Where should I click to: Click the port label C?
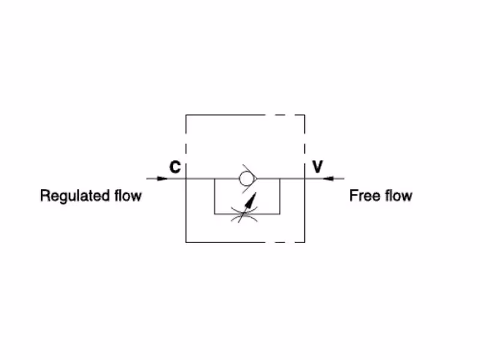(175, 167)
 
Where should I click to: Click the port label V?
(317, 167)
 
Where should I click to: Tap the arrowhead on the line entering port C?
(163, 178)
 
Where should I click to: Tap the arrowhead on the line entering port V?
(328, 178)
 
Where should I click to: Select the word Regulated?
(75, 196)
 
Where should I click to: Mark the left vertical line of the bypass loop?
(214, 196)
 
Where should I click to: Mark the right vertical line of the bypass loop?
(280, 196)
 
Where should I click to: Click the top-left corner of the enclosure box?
(186, 115)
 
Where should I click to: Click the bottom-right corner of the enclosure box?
(305, 242)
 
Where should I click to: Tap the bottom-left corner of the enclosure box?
(186, 242)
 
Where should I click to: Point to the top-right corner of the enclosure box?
(305, 115)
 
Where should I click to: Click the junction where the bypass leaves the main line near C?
(214, 178)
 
